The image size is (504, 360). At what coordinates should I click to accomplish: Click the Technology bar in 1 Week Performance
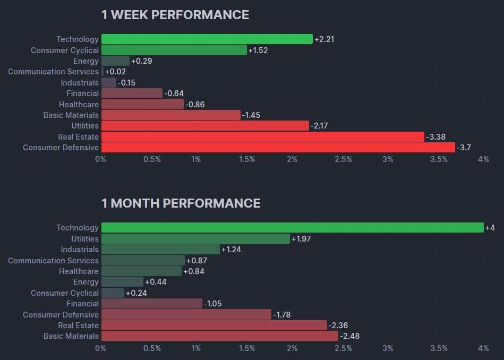point(207,39)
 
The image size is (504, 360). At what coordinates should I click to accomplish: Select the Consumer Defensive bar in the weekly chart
point(278,148)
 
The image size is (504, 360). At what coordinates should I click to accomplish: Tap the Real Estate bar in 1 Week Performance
point(262,137)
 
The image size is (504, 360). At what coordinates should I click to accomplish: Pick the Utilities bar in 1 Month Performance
point(195,239)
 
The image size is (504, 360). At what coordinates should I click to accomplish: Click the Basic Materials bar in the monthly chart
point(219,336)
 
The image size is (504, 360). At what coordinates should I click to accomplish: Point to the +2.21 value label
point(324,39)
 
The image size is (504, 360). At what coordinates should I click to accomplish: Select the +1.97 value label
point(301,239)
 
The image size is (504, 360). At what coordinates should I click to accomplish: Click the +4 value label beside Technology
point(490,228)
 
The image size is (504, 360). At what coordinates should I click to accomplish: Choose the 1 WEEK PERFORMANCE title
point(175,15)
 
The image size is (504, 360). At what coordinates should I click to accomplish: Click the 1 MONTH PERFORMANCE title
point(181,203)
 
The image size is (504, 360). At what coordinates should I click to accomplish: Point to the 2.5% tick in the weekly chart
point(343,159)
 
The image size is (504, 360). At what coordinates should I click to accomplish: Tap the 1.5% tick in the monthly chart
point(247,348)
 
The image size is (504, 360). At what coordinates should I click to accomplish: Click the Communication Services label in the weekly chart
point(53,72)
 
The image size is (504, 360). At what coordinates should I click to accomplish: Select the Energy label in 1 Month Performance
point(86,282)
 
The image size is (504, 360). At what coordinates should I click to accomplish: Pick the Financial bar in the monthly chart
point(151,304)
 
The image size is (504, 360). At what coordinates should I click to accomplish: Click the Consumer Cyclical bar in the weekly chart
point(174,50)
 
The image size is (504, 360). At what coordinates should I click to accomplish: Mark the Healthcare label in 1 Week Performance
point(79,105)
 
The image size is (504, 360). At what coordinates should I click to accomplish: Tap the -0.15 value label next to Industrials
point(126,83)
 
